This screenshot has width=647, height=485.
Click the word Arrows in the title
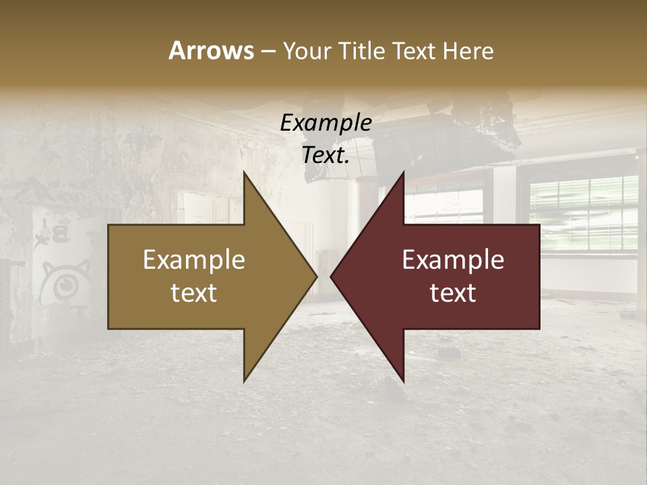click(211, 51)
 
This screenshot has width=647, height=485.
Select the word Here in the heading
click(468, 51)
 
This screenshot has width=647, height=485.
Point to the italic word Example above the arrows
click(326, 123)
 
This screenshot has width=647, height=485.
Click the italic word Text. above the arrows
click(326, 155)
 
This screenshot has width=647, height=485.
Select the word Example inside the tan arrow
click(194, 260)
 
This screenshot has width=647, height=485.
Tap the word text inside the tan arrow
click(194, 292)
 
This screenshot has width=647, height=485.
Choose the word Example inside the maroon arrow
click(453, 260)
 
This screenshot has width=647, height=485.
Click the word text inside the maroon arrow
click(453, 292)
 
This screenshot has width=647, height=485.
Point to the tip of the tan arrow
click(316, 276)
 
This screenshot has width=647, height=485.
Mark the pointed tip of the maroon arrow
click(331, 276)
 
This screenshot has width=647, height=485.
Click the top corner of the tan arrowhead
click(245, 172)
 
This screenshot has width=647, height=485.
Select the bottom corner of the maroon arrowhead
click(403, 381)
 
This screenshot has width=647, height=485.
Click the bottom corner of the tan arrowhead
click(245, 381)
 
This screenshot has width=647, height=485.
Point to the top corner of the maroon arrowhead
click(403, 172)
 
